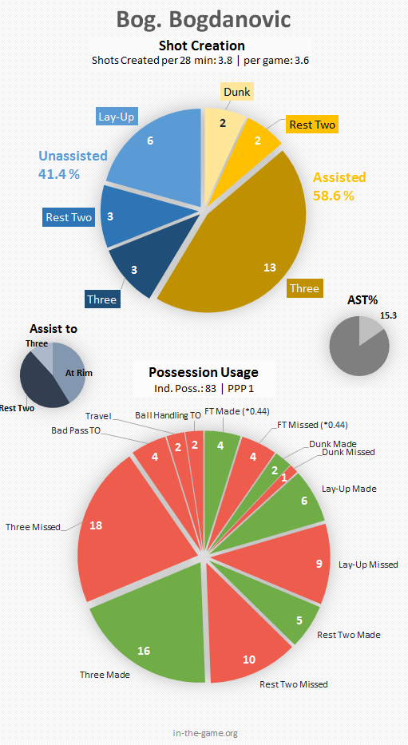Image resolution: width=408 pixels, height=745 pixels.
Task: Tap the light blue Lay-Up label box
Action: tap(117, 117)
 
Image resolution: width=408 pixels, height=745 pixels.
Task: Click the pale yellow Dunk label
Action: tap(237, 91)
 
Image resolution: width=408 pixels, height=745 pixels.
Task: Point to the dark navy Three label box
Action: tap(102, 299)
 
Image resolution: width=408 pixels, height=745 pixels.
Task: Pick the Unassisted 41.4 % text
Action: tap(73, 164)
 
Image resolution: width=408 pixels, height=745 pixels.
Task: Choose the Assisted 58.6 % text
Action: tap(339, 186)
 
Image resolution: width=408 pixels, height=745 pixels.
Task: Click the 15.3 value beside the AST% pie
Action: tap(388, 315)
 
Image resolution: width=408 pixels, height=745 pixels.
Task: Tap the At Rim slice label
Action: tap(79, 373)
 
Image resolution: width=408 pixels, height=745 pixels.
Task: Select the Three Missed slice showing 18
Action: tap(129, 527)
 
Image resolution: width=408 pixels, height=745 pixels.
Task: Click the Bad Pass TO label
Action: tap(76, 431)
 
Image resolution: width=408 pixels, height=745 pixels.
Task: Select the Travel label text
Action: tap(98, 416)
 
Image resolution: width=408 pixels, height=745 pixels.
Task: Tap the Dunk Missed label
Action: tap(349, 452)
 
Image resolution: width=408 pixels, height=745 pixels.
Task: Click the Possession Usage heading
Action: tap(204, 372)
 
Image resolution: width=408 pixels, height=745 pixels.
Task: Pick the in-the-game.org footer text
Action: tap(205, 733)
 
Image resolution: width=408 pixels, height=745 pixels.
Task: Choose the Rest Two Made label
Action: tap(349, 635)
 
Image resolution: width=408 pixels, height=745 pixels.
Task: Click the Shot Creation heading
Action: tap(202, 46)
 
